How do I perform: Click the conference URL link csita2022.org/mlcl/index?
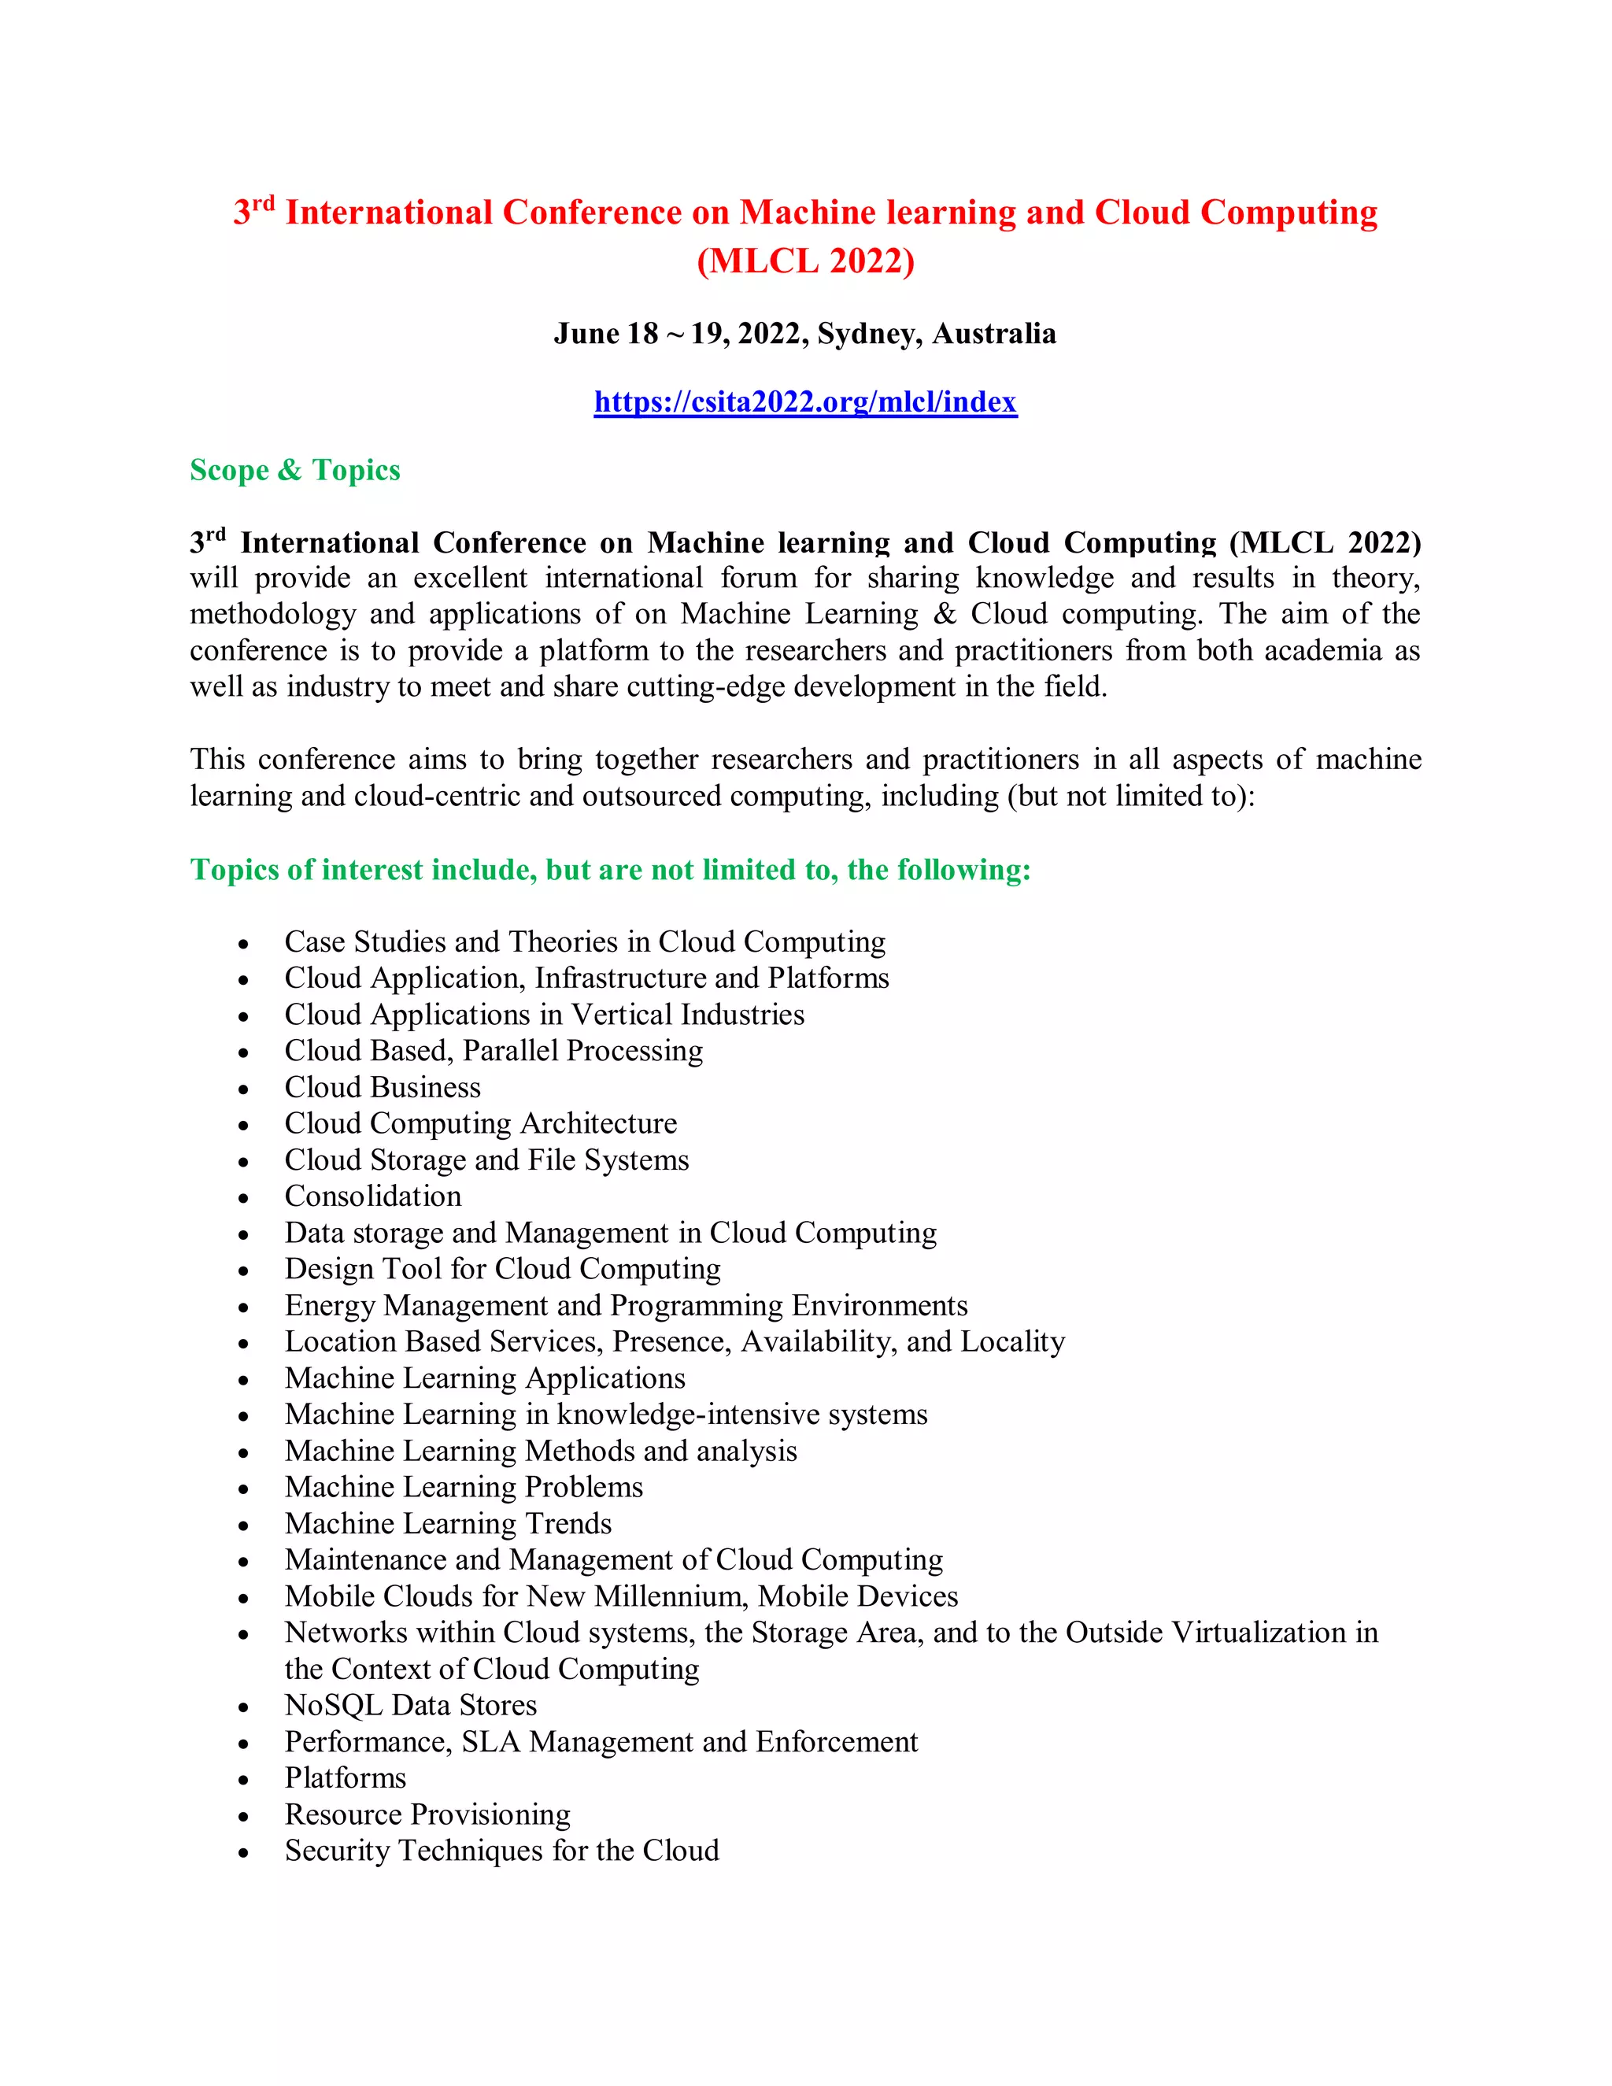coord(805,402)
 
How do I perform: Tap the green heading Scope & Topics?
coord(295,471)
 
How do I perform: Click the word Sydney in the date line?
coord(868,335)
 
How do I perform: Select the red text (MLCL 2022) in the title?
coord(805,261)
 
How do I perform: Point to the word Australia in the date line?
coord(994,335)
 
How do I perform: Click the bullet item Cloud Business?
coord(382,1088)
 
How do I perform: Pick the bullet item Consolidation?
coord(372,1196)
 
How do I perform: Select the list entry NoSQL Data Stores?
coord(411,1706)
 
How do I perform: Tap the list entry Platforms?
coord(345,1778)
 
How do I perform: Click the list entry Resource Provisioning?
coord(427,1814)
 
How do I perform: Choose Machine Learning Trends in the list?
coord(448,1525)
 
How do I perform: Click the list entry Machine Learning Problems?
coord(463,1488)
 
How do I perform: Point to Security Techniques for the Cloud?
coord(501,1851)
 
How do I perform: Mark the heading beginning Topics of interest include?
coord(610,870)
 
